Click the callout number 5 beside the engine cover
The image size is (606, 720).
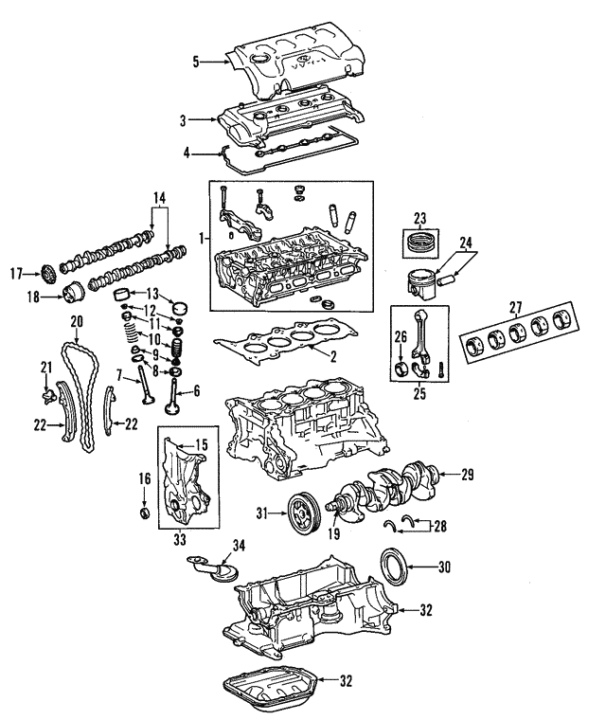tap(196, 63)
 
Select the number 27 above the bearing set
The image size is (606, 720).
tap(515, 306)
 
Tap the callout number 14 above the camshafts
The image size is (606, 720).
tap(158, 199)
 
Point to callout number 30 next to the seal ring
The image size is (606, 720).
tap(445, 567)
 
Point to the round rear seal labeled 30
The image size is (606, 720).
tap(392, 567)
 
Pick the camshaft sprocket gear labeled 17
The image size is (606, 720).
tap(45, 276)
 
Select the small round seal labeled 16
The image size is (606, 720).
tap(144, 513)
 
